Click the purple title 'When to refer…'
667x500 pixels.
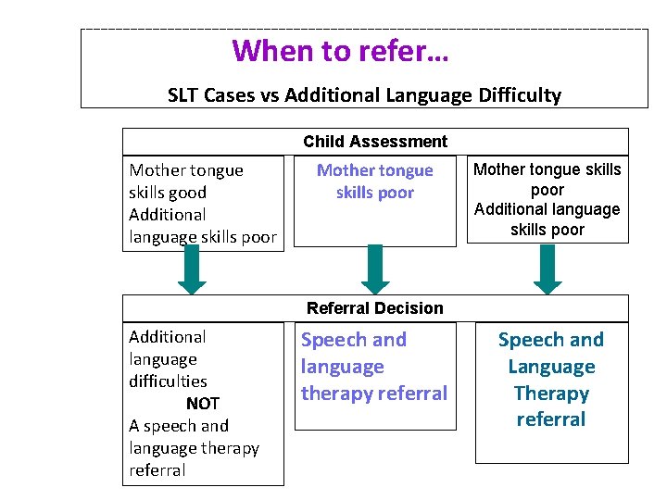point(340,50)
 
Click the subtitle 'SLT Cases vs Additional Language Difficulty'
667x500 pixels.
point(364,94)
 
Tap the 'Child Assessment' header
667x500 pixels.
point(375,142)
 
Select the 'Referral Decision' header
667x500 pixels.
point(375,308)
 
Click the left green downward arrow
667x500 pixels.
point(192,269)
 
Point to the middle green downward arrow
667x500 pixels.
point(375,269)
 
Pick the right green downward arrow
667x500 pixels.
point(548,269)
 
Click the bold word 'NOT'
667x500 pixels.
point(203,404)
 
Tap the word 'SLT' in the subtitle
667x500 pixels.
point(184,94)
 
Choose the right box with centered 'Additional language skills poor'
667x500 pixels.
point(547,199)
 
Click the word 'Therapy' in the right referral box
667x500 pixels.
point(551,394)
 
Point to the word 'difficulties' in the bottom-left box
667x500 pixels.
point(168,381)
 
